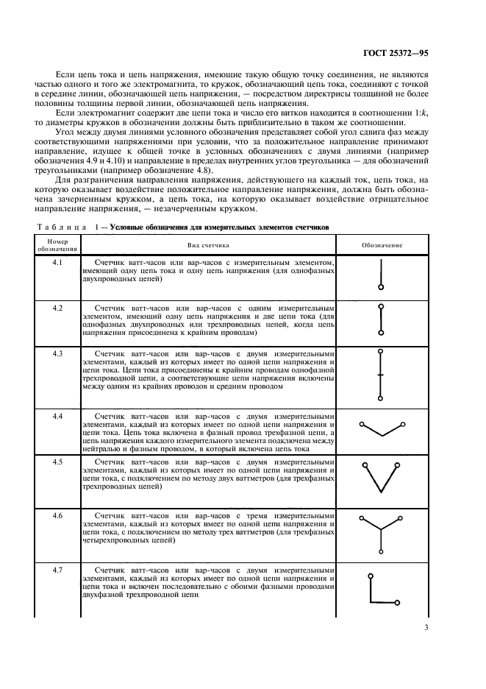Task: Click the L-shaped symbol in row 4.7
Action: tap(379, 590)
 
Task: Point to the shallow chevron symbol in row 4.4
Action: tap(381, 428)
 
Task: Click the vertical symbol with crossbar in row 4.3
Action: tap(381, 375)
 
